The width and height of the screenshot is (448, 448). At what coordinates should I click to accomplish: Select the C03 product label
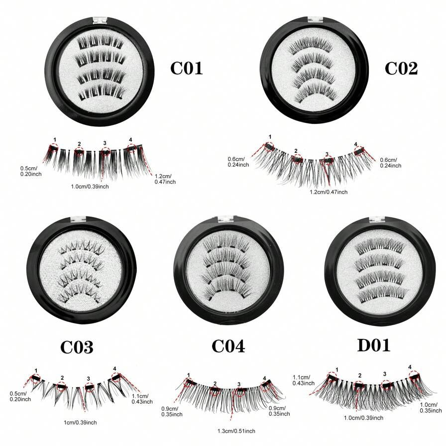click(x=77, y=346)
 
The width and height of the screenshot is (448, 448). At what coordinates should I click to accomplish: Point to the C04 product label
click(x=228, y=345)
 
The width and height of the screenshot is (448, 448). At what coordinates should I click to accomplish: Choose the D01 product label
click(x=373, y=345)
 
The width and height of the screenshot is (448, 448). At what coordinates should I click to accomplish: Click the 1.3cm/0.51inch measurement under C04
click(x=237, y=431)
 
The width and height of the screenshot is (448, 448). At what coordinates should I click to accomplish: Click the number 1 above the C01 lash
click(x=55, y=140)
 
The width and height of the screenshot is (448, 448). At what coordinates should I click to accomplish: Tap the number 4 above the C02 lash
click(x=356, y=144)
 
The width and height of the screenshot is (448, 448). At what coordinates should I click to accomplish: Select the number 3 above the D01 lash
click(x=385, y=374)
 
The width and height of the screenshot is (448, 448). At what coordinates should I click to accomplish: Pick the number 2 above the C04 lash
click(x=215, y=383)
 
